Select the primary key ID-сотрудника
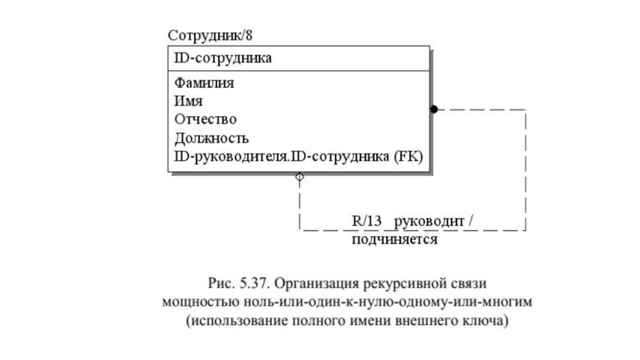click(x=222, y=58)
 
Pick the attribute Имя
click(x=189, y=101)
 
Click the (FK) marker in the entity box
click(x=406, y=156)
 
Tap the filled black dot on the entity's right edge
click(x=434, y=109)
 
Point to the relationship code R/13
click(x=367, y=220)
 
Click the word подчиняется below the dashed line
click(x=394, y=238)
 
